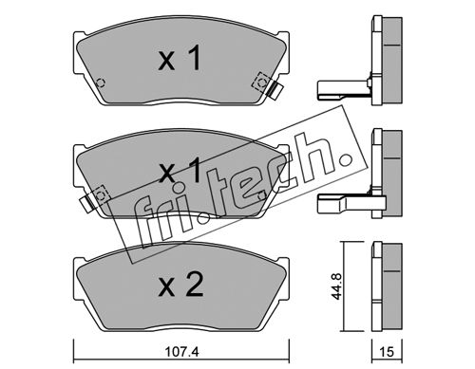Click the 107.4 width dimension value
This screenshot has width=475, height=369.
[181, 352]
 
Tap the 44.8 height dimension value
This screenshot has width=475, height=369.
[336, 286]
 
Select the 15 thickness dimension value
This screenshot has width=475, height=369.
[387, 352]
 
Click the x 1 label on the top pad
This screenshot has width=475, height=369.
[180, 58]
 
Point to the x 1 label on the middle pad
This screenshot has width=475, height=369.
[180, 170]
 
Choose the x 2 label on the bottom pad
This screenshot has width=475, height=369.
[180, 285]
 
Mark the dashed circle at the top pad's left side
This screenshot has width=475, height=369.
[101, 83]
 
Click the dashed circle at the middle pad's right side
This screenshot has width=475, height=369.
[262, 195]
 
